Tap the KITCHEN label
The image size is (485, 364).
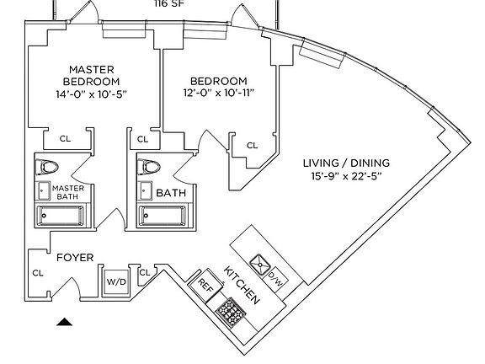242,287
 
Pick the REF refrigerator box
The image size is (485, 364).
205,285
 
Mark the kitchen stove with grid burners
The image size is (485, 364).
229,313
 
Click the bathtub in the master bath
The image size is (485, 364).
67,217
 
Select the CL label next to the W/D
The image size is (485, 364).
145,271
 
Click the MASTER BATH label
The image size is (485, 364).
67,192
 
